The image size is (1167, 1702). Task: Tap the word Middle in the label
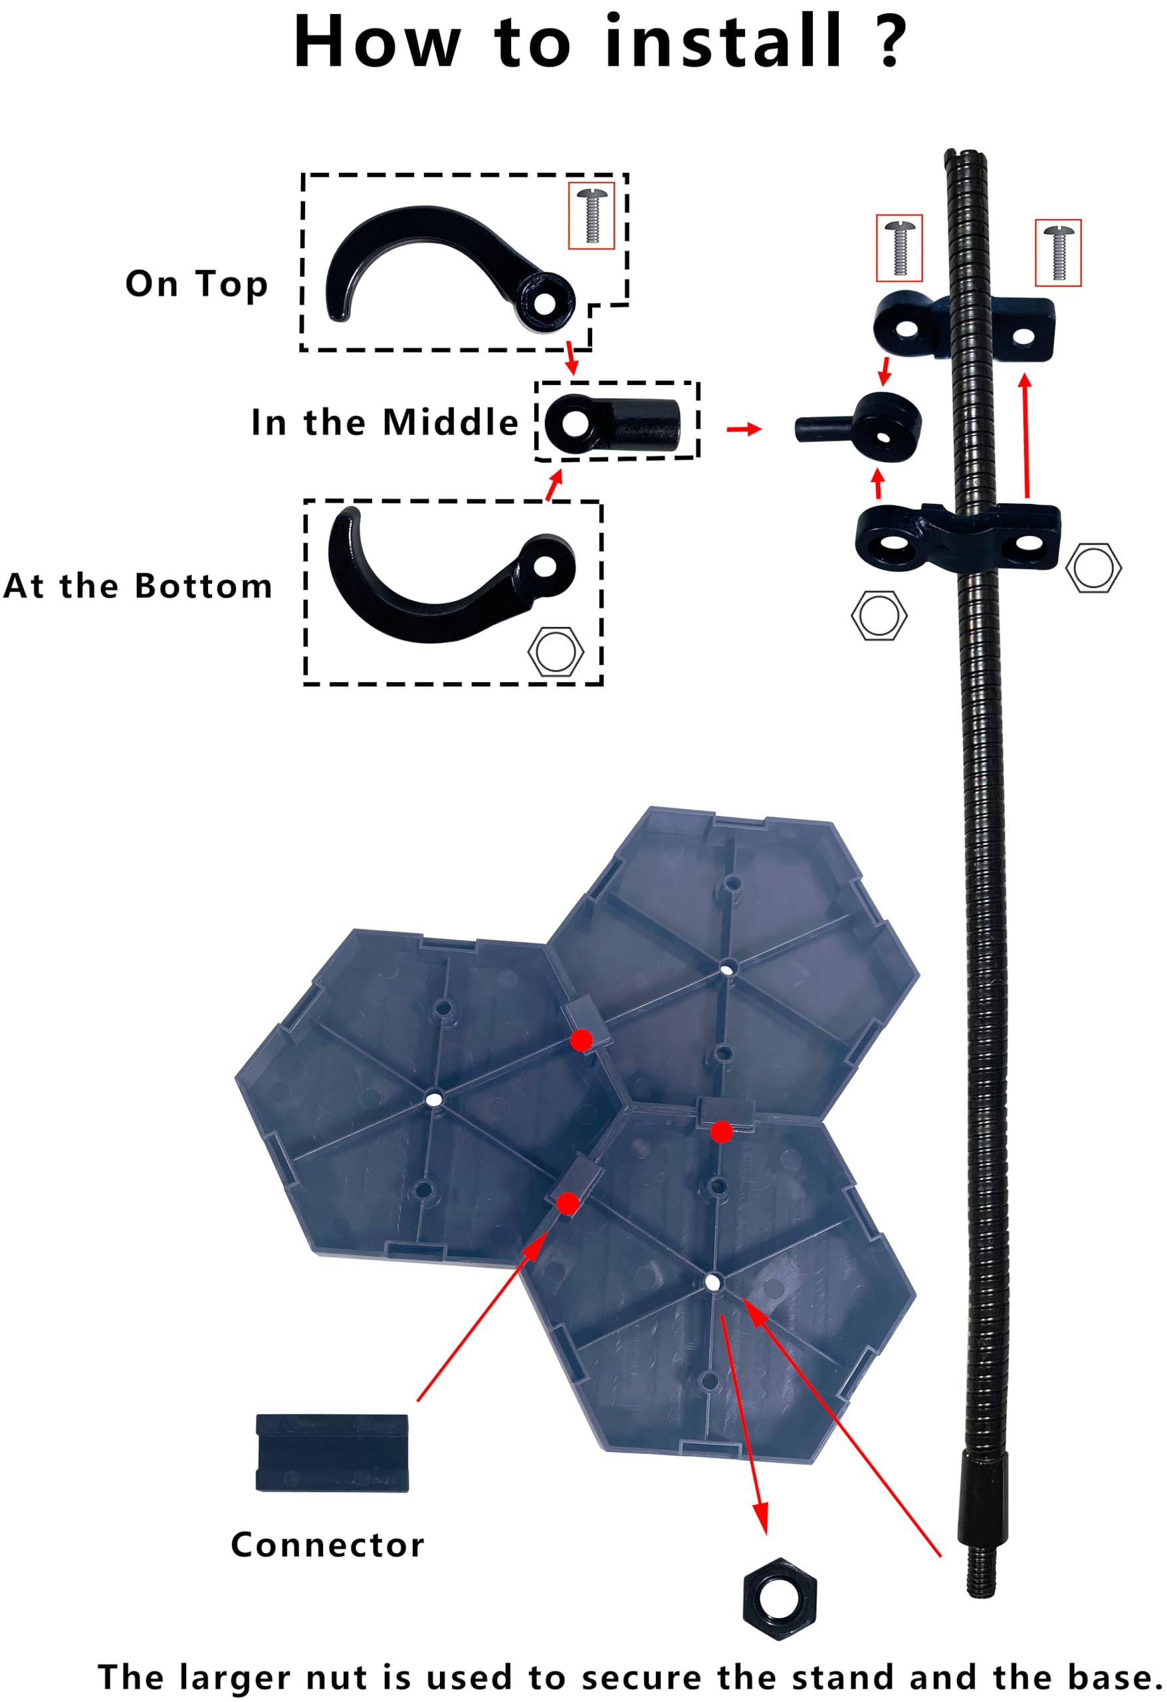pyautogui.click(x=451, y=423)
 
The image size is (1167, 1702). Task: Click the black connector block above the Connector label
pyautogui.click(x=332, y=1453)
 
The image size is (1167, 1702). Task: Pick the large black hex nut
pyautogui.click(x=779, y=1599)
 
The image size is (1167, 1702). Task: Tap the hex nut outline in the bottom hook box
pyautogui.click(x=556, y=650)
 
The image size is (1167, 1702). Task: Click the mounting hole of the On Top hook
pyautogui.click(x=546, y=303)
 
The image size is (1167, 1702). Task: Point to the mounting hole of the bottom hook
pyautogui.click(x=546, y=564)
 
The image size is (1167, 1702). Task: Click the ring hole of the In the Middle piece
pyautogui.click(x=576, y=424)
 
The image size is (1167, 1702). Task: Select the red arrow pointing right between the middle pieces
pyautogui.click(x=744, y=429)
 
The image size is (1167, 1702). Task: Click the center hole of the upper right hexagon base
pyautogui.click(x=726, y=969)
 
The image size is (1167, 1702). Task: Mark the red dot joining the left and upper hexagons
pyautogui.click(x=582, y=1040)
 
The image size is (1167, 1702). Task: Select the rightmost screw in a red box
pyautogui.click(x=1057, y=253)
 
